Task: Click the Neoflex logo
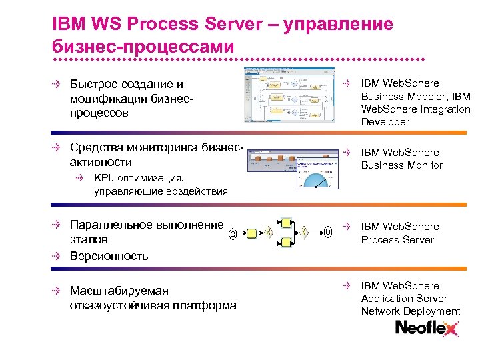[x=427, y=329]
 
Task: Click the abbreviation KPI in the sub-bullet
[x=103, y=178]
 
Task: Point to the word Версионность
[x=109, y=255]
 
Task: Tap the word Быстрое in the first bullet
[x=94, y=84]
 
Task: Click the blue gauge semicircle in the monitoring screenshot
[x=314, y=179]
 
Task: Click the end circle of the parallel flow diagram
[x=329, y=232]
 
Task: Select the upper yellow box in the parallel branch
[x=285, y=221]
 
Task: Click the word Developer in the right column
[x=385, y=122]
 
